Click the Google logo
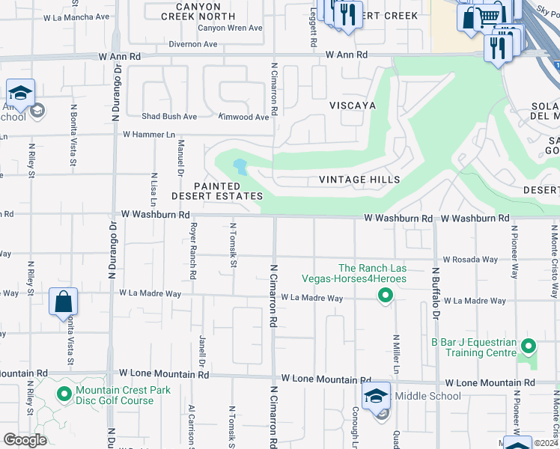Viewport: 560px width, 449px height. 25,440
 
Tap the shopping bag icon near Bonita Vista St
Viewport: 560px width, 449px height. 64,302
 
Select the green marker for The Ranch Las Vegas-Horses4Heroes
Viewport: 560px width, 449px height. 385,297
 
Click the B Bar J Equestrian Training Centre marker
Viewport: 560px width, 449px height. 529,346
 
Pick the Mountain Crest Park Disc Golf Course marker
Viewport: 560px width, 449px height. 64,393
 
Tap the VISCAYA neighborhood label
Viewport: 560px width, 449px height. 353,106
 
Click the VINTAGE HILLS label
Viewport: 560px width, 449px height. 359,180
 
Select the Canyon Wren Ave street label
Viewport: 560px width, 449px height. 230,28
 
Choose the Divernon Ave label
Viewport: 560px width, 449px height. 193,44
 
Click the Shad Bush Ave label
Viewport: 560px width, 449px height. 169,117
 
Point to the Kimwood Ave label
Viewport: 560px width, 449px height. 243,117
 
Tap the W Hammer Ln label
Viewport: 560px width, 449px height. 148,135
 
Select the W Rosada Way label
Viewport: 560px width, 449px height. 469,260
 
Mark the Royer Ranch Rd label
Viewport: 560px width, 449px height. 192,251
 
